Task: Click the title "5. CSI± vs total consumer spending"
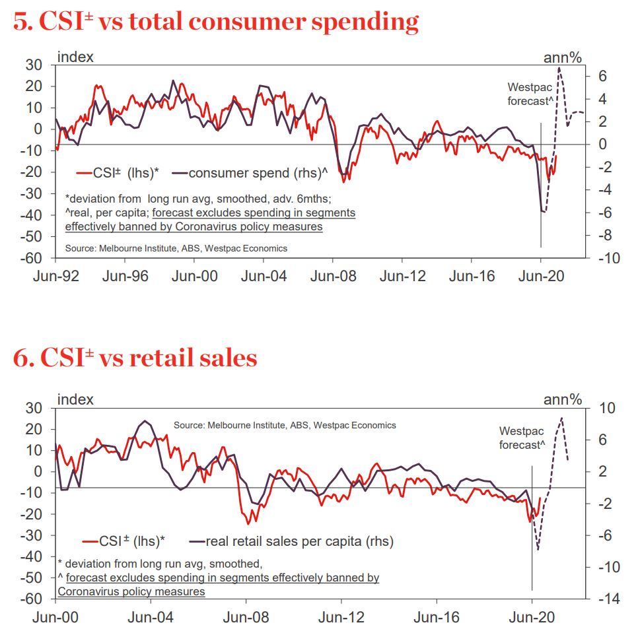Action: click(x=216, y=22)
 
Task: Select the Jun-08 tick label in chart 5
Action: click(x=334, y=275)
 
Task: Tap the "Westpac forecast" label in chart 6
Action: click(x=522, y=438)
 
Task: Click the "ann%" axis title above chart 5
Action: click(x=562, y=57)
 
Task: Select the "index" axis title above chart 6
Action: click(x=75, y=399)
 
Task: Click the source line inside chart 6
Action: click(x=285, y=425)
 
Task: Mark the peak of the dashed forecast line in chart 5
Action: click(x=559, y=68)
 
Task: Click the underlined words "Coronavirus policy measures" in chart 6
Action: click(x=131, y=591)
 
